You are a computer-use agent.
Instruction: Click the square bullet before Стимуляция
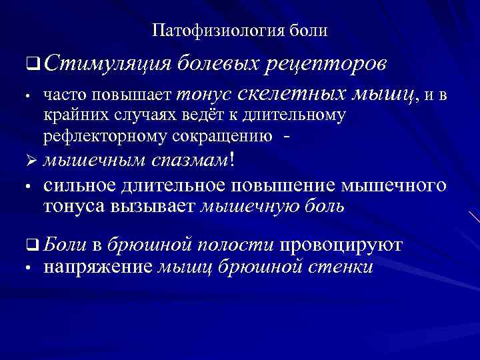pyautogui.click(x=31, y=65)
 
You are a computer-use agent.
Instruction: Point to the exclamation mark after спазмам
pyautogui.click(x=232, y=159)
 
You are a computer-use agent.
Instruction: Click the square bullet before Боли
pyautogui.click(x=30, y=245)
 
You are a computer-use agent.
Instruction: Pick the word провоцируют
pyautogui.click(x=341, y=245)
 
